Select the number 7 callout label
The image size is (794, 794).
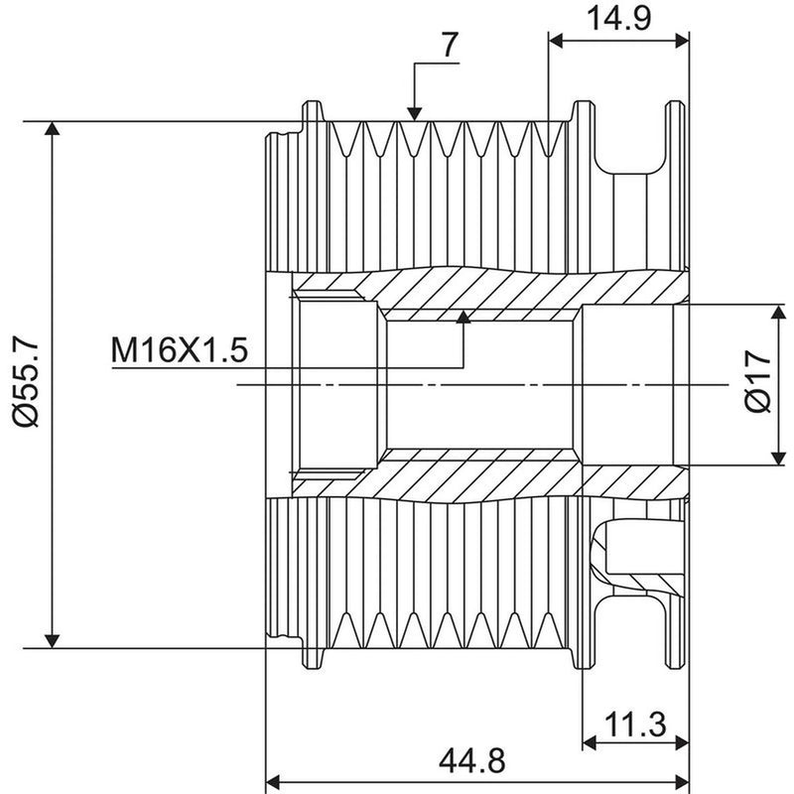click(x=451, y=45)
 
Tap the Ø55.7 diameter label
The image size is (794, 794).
click(x=28, y=383)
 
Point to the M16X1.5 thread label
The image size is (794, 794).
click(x=180, y=350)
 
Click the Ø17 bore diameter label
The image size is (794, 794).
click(x=758, y=381)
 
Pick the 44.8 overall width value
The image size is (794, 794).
click(x=472, y=760)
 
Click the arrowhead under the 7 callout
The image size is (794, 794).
click(x=415, y=114)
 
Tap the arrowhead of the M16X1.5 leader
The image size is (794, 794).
click(x=463, y=317)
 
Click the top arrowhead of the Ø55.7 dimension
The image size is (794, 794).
click(x=53, y=128)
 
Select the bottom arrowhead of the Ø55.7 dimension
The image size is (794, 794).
click(x=53, y=641)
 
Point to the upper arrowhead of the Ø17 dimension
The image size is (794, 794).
click(x=778, y=312)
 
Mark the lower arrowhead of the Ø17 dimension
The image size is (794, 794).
click(x=778, y=459)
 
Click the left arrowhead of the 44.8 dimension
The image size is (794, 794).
click(x=274, y=782)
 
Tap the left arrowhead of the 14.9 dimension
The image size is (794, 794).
click(x=556, y=42)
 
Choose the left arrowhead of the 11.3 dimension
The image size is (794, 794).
click(x=590, y=743)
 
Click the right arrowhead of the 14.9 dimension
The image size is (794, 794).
click(x=682, y=42)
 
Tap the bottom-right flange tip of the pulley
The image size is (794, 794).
click(x=675, y=666)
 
